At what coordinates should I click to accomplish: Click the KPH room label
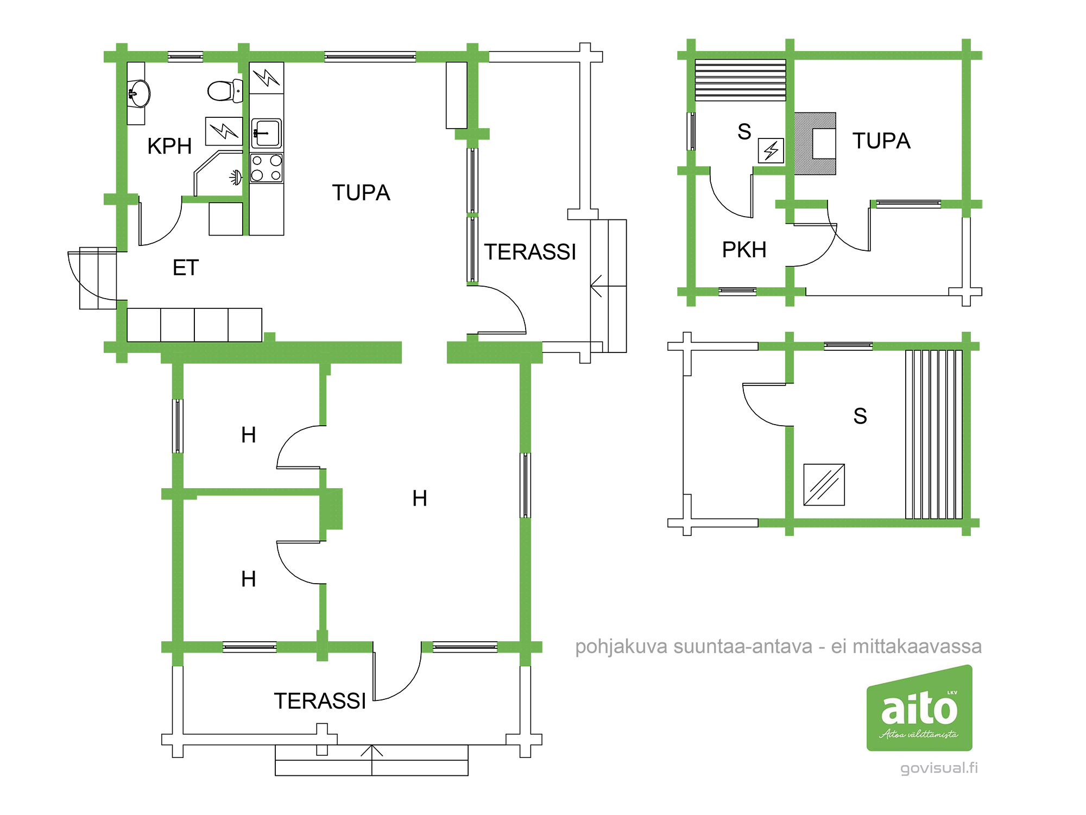[169, 146]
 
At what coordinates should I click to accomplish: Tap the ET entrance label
[186, 268]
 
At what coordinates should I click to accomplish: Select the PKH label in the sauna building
[744, 250]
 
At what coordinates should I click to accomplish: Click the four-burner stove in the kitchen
[267, 168]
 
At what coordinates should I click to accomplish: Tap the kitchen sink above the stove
[267, 133]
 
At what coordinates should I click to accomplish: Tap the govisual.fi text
[939, 768]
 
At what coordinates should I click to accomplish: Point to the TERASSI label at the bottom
[320, 701]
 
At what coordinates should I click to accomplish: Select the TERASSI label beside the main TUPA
[530, 252]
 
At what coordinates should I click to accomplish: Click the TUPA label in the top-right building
[881, 141]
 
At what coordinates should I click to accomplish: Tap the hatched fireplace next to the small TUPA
[815, 143]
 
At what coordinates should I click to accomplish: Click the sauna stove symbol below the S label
[771, 150]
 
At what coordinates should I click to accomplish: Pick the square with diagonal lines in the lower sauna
[824, 484]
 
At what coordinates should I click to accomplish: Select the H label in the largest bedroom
[420, 498]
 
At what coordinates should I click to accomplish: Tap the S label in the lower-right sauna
[860, 416]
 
